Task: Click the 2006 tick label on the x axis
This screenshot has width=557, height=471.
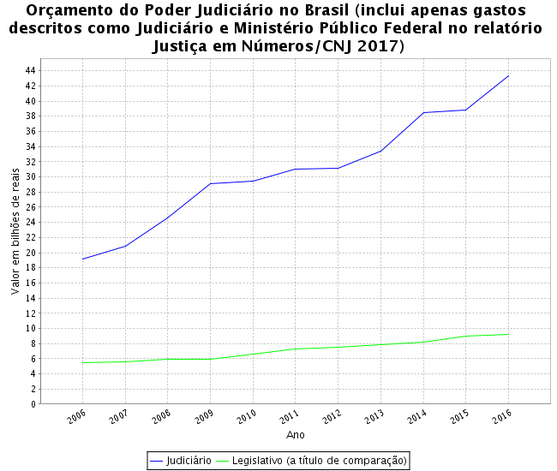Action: point(77,417)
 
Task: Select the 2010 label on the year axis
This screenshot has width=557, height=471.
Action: point(248,417)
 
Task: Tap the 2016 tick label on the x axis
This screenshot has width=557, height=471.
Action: point(503,417)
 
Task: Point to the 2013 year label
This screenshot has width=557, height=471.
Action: point(375,417)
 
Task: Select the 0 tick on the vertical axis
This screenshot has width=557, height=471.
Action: point(33,404)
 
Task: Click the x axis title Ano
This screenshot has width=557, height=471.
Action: point(296,435)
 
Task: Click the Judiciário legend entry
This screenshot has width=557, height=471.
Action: point(181,461)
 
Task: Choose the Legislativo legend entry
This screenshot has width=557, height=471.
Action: point(312,461)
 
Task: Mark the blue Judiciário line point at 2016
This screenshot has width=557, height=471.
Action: point(508,76)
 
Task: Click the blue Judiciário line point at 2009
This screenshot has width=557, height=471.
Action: point(210,183)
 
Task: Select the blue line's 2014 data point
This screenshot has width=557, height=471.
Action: point(423,112)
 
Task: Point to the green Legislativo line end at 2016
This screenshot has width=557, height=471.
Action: point(508,334)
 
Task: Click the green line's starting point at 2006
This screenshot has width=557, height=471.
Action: point(82,362)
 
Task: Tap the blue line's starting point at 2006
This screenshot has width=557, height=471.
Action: point(82,259)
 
